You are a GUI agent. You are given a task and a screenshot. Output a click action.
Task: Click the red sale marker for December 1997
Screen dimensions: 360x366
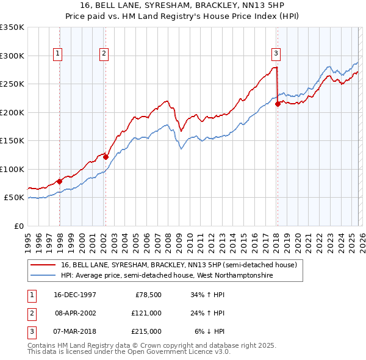[60, 181]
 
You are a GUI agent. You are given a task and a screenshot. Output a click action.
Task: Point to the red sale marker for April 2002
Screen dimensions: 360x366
[106, 157]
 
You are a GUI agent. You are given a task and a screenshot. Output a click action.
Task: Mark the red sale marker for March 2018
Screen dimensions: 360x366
[278, 104]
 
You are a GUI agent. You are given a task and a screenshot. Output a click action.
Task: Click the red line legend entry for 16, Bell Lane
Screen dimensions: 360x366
[178, 265]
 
